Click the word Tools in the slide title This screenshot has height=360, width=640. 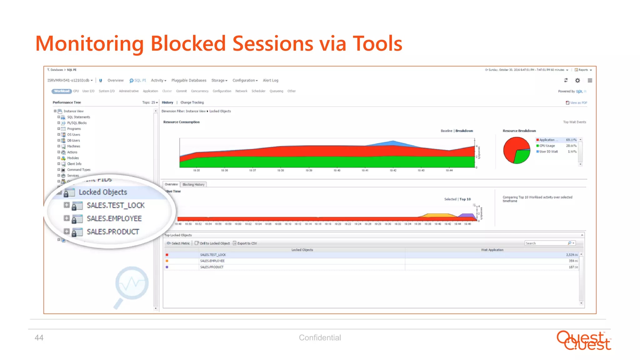377,43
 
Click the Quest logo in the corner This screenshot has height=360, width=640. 583,340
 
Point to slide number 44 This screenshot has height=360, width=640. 39,337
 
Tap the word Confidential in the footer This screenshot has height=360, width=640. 320,337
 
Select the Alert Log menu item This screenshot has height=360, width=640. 270,80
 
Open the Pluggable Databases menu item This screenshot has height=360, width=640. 189,80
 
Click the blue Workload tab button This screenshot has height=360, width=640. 62,91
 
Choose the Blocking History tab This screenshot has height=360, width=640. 193,185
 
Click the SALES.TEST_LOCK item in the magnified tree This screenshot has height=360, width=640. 116,205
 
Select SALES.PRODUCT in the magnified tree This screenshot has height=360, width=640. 113,232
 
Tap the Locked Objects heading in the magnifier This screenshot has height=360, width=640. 103,192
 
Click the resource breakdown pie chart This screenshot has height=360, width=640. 517,150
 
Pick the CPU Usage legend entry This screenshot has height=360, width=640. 547,146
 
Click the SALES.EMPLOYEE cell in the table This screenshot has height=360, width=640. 212,261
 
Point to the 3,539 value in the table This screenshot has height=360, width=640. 572,255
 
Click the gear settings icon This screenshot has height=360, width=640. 577,81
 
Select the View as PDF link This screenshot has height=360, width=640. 578,103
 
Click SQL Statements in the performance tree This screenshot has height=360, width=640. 78,117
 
